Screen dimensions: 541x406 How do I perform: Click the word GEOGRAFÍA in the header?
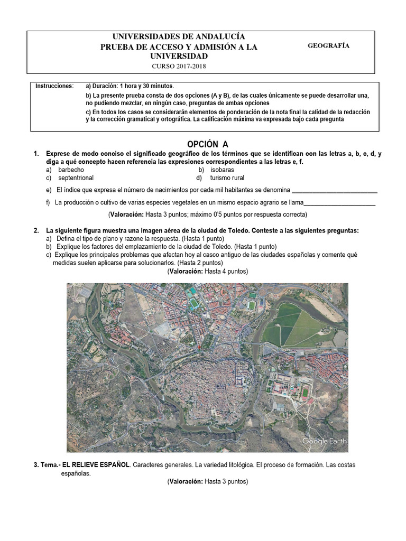328,46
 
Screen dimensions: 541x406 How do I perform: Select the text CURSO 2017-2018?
179,66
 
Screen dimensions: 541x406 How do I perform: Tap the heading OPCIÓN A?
208,144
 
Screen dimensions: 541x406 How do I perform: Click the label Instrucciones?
54,86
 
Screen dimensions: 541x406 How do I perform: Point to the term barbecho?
71,170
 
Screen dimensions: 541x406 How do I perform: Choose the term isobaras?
222,170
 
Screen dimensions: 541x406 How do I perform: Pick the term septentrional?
76,178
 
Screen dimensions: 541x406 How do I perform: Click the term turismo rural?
227,178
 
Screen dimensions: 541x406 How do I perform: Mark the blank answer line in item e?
335,190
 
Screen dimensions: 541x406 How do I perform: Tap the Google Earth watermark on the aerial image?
324,441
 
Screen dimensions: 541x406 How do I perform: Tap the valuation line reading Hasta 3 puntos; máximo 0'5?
207,214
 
